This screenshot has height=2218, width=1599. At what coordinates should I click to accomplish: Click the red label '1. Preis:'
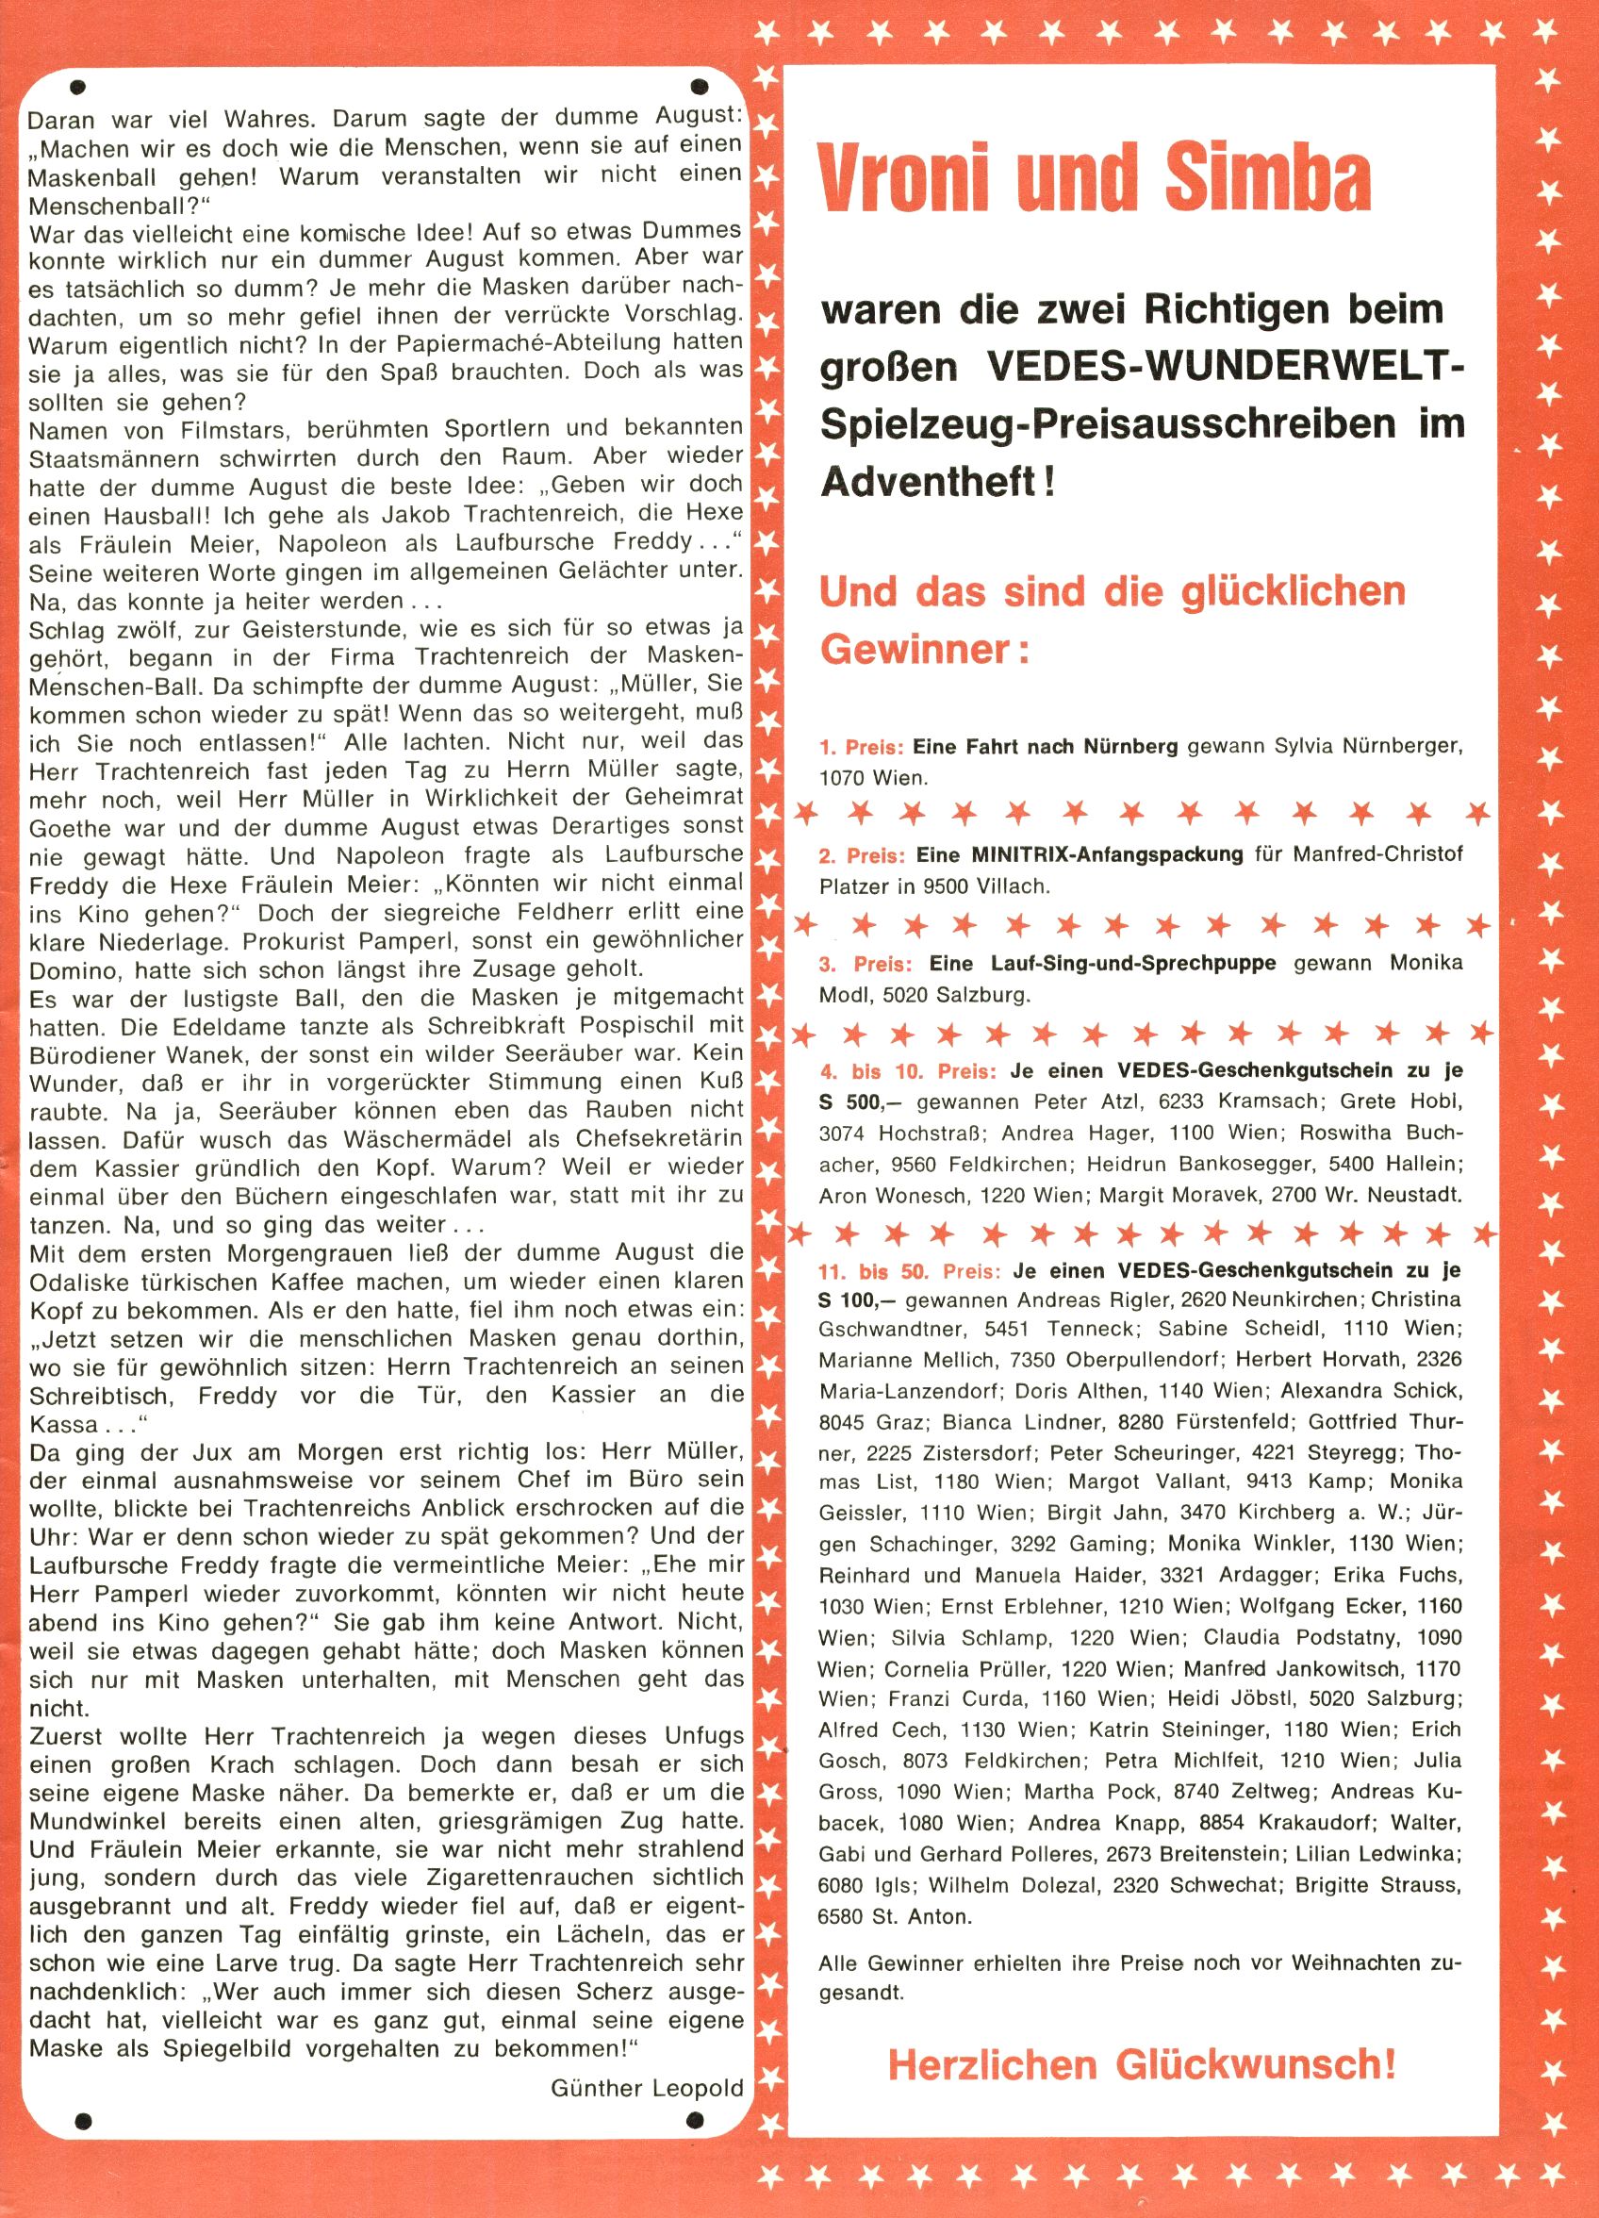pyautogui.click(x=862, y=748)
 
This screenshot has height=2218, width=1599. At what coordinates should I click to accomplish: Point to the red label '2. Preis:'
pyautogui.click(x=862, y=855)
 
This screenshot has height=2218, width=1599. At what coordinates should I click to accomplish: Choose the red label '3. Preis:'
pyautogui.click(x=865, y=963)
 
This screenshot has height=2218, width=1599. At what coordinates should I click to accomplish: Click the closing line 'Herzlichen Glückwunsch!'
pyautogui.click(x=1142, y=2064)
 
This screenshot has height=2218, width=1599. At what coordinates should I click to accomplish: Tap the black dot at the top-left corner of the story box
pyautogui.click(x=78, y=87)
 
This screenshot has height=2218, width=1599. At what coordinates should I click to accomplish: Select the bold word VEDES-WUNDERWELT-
pyautogui.click(x=1227, y=367)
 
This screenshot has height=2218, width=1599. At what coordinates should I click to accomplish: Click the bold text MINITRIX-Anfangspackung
pyautogui.click(x=1107, y=855)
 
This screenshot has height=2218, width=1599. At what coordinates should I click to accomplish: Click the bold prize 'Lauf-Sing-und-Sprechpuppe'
pyautogui.click(x=1102, y=963)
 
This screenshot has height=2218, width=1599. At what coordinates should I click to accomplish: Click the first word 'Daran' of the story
pyautogui.click(x=61, y=122)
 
